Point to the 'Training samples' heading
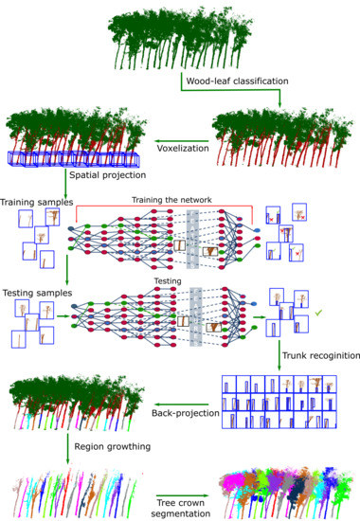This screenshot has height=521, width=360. [x=36, y=202]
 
